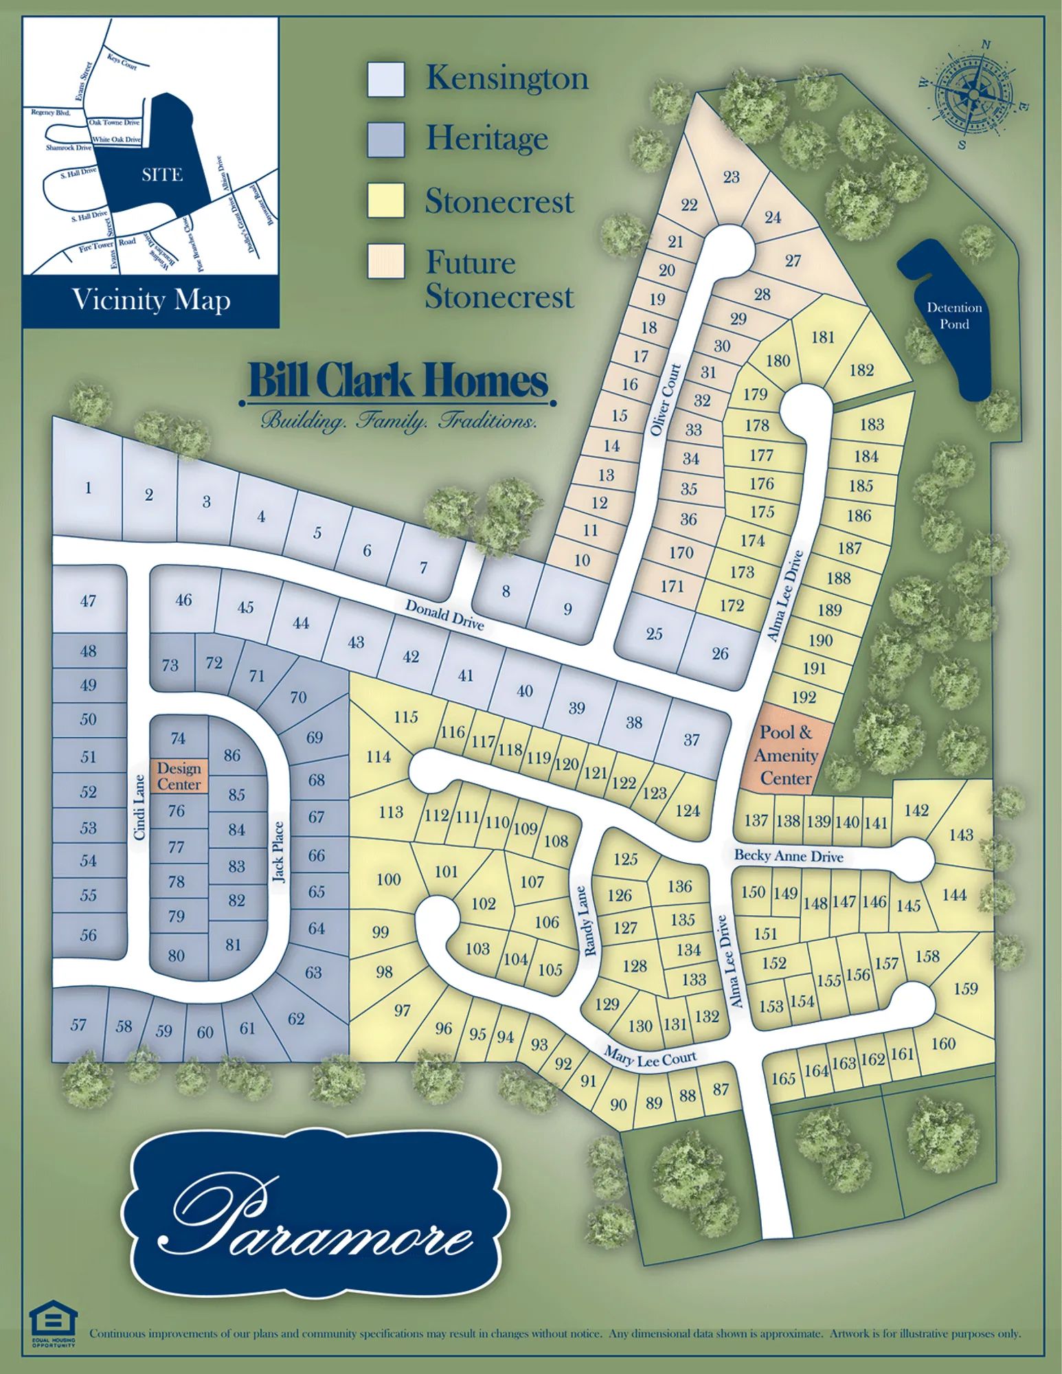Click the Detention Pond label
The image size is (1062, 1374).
point(953,316)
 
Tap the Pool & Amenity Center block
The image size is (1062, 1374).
point(786,755)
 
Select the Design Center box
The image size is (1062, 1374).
point(179,776)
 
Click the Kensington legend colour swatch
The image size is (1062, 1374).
point(385,79)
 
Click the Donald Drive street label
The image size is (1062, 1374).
point(444,614)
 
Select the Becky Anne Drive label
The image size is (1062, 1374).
point(789,856)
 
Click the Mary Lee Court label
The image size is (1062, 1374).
point(650,1057)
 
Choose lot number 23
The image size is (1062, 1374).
point(731,177)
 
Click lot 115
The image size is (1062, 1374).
point(406,717)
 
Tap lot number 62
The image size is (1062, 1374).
point(296,1019)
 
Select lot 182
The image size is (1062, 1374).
point(861,370)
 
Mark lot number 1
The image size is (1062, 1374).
point(88,488)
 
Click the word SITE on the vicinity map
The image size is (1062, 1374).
point(162,175)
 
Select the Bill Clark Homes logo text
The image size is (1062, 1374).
point(398,381)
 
